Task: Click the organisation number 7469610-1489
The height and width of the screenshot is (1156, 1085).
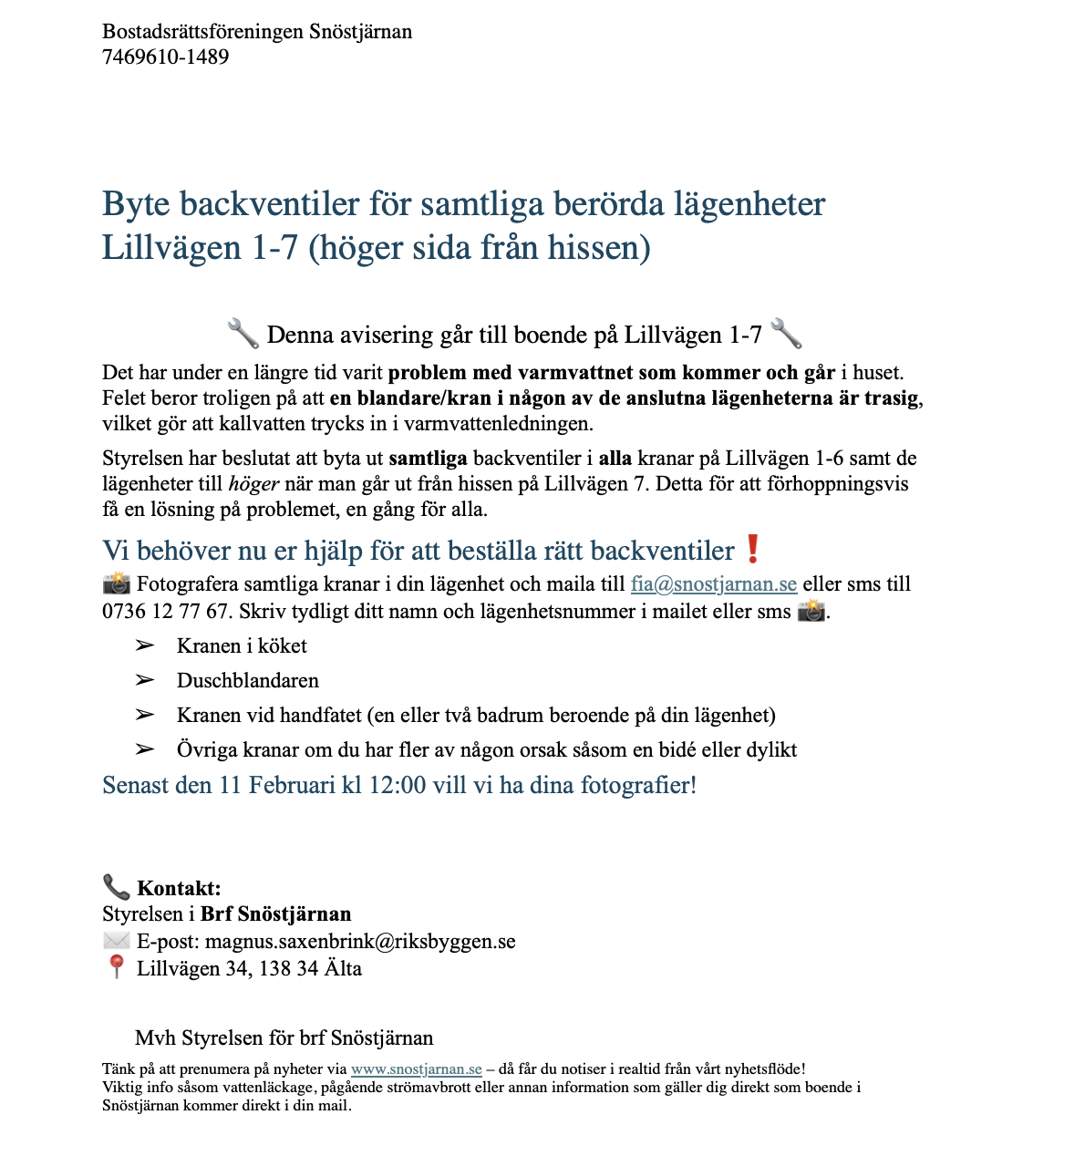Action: click(165, 57)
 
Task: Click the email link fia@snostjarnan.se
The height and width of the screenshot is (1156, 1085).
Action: click(713, 584)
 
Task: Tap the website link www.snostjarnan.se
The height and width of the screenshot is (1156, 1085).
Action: click(416, 1069)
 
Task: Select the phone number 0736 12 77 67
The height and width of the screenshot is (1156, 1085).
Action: click(165, 611)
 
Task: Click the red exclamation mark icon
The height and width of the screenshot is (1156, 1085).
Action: click(752, 550)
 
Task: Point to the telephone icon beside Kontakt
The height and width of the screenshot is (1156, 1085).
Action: click(116, 887)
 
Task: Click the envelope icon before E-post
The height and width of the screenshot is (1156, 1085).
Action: click(116, 941)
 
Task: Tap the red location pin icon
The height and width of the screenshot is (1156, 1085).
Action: click(116, 967)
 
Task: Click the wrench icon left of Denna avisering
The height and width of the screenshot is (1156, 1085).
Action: click(243, 334)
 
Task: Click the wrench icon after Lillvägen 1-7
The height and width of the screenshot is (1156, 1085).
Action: click(786, 334)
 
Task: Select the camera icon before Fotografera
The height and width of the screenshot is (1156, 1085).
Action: click(116, 584)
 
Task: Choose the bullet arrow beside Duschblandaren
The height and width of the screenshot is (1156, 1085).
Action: click(144, 680)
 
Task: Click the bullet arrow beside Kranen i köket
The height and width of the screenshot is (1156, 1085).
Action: click(144, 645)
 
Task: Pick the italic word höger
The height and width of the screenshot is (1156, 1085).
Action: click(253, 484)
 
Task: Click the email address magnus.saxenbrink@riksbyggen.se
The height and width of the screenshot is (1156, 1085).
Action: click(360, 941)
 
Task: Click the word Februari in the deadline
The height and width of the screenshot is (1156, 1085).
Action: click(292, 785)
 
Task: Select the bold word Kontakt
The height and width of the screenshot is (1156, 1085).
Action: click(179, 888)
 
